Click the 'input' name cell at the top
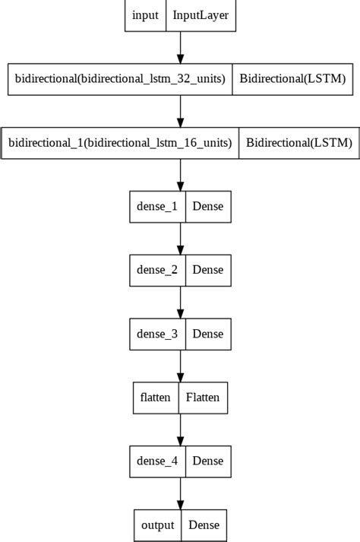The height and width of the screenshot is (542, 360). pyautogui.click(x=145, y=15)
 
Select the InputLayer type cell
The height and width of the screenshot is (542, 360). pyautogui.click(x=201, y=15)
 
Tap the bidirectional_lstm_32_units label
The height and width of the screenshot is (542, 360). pyautogui.click(x=120, y=79)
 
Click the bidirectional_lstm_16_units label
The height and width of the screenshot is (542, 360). pyautogui.click(x=120, y=143)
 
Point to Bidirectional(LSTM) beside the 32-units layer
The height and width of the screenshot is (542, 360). pyautogui.click(x=292, y=79)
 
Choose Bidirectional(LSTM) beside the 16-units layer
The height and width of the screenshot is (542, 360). pyautogui.click(x=298, y=143)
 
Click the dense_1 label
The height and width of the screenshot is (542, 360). pyautogui.click(x=157, y=206)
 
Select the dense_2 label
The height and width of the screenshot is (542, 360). pyautogui.click(x=157, y=270)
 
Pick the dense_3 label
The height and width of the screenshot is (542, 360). pyautogui.click(x=157, y=334)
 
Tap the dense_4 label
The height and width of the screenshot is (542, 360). pyautogui.click(x=157, y=461)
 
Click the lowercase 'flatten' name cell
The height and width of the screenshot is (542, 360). pyautogui.click(x=156, y=398)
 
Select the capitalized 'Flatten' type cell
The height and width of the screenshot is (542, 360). pyautogui.click(x=202, y=398)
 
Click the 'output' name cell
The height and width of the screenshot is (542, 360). pyautogui.click(x=158, y=525)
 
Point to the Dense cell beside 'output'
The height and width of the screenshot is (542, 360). pyautogui.click(x=204, y=525)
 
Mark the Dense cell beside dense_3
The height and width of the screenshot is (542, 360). pyautogui.click(x=207, y=334)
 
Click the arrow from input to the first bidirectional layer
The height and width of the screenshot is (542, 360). pyautogui.click(x=180, y=47)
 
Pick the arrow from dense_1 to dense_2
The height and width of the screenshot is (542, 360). pyautogui.click(x=180, y=238)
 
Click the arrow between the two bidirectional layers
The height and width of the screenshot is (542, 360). pyautogui.click(x=180, y=111)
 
